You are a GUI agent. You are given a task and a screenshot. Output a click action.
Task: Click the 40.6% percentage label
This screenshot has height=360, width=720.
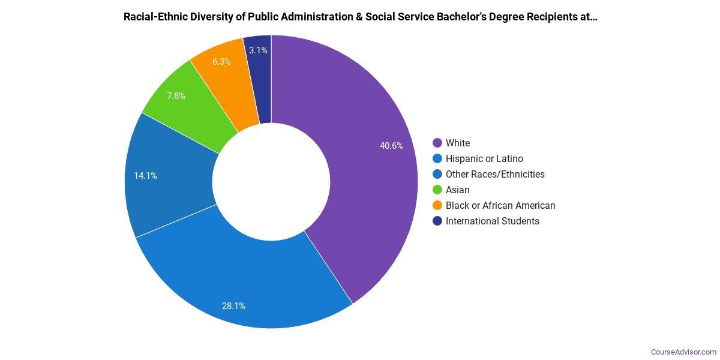391,145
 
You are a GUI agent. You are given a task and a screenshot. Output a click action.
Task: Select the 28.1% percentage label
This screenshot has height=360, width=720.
233,306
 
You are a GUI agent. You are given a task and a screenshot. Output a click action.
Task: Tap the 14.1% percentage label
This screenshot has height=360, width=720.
145,176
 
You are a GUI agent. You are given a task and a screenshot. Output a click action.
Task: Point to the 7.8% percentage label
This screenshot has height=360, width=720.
176,95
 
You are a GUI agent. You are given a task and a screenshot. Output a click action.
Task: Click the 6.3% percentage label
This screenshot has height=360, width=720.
221,61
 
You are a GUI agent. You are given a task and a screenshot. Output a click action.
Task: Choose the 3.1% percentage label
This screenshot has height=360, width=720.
258,50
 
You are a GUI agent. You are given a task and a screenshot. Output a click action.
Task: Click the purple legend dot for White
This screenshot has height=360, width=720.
437,143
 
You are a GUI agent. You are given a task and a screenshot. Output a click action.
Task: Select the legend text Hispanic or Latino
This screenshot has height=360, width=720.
484,158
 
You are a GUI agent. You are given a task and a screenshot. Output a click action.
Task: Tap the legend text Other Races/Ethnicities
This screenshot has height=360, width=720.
495,174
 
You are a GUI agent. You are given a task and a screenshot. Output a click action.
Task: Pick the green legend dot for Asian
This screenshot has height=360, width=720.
437,190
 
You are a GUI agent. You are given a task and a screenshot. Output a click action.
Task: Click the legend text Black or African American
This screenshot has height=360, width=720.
500,205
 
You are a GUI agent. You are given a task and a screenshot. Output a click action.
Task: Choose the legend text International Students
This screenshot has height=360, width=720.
492,221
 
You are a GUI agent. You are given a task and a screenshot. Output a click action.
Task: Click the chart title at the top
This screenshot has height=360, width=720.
360,17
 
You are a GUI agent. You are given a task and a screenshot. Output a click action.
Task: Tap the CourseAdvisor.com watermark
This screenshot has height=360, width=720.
683,352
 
